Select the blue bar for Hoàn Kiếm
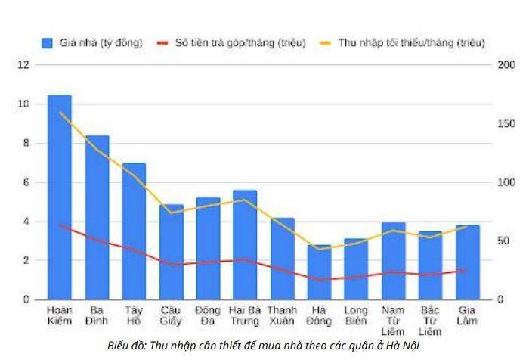[x=60, y=197]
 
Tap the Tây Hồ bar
[x=134, y=231]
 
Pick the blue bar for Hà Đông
[x=319, y=272]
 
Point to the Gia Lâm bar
[x=467, y=262]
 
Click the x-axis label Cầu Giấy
[x=171, y=315]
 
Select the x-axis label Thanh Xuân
[x=282, y=315]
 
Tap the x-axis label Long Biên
[x=356, y=315]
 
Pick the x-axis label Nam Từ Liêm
[x=393, y=321]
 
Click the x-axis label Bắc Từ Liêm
[x=430, y=321]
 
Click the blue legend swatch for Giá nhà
[x=48, y=43]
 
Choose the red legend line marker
[x=162, y=43]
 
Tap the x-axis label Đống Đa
[x=208, y=315]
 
